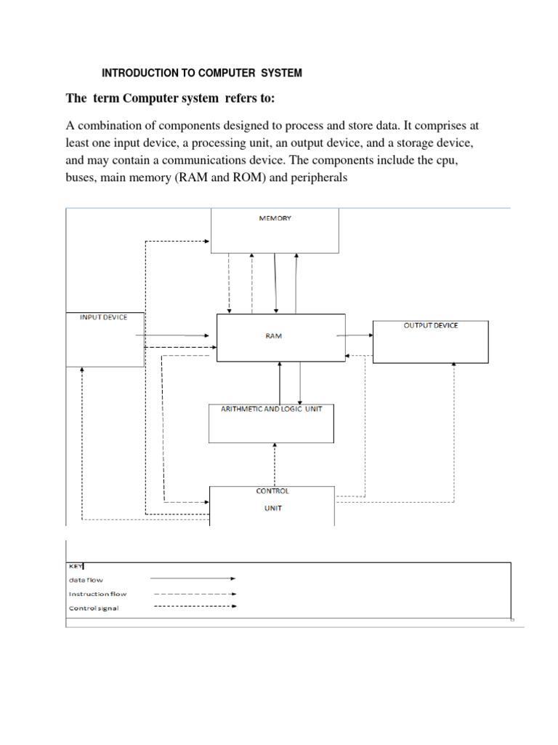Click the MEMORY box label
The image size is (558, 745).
(275, 218)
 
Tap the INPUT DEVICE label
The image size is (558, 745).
(102, 317)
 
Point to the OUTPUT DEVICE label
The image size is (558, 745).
(431, 325)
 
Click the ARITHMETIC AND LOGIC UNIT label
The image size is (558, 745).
(271, 410)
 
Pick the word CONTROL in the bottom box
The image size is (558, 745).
(272, 491)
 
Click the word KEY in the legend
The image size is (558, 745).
(76, 565)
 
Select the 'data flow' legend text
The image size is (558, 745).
(86, 580)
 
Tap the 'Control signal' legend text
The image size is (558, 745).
(94, 607)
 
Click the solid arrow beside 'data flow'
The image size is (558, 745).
(193, 579)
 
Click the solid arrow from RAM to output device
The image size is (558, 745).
(355, 335)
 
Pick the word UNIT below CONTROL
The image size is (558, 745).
(272, 509)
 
